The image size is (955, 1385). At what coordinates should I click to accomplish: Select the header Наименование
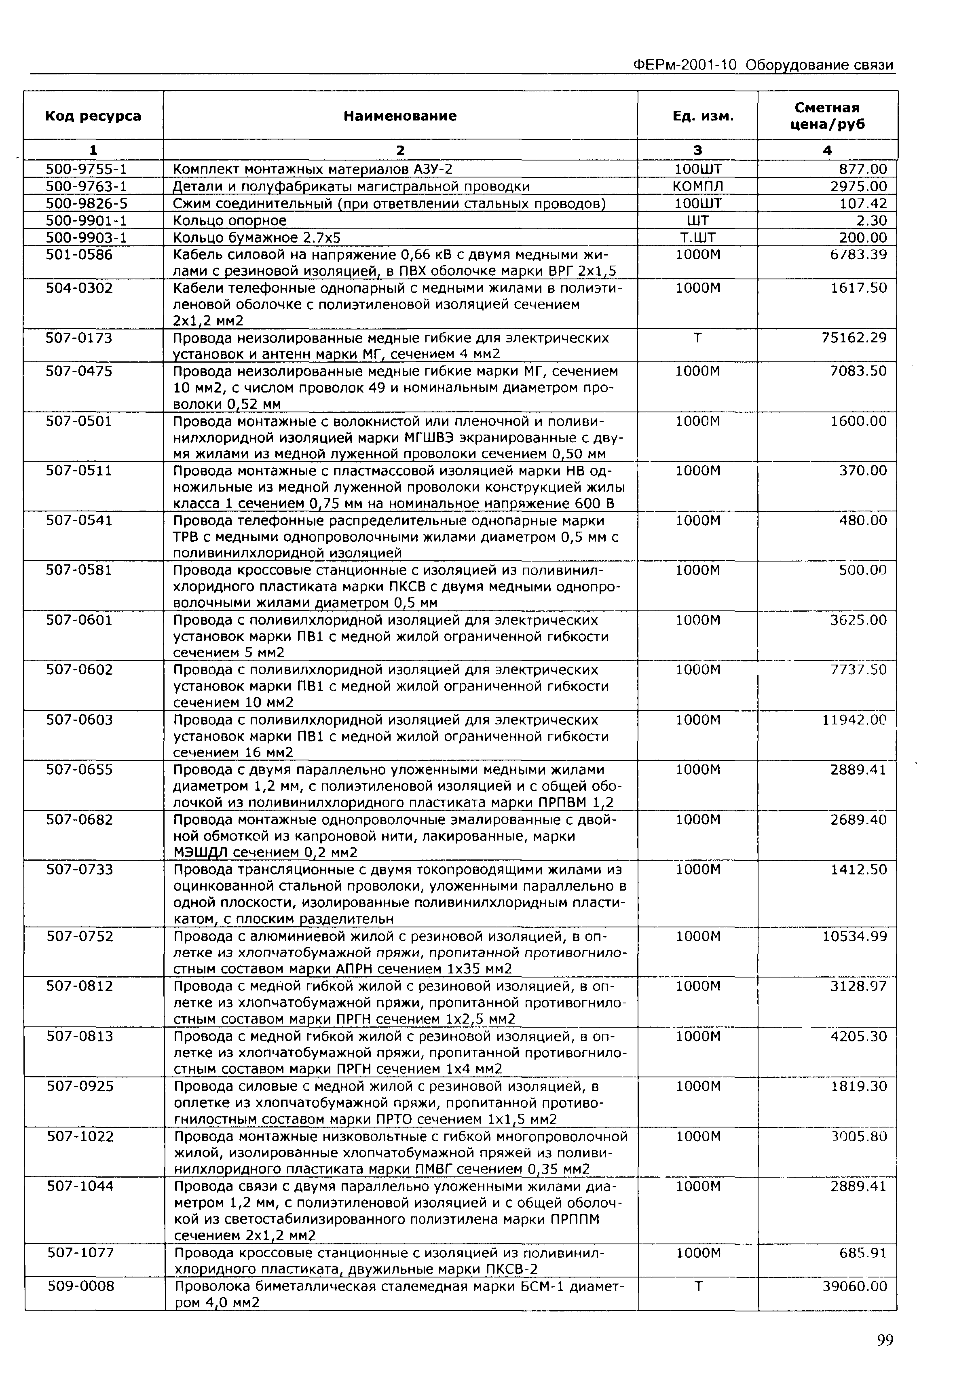coord(400,116)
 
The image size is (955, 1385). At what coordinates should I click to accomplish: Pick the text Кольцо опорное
coord(230,221)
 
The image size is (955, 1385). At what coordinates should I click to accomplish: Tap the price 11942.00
coord(855,720)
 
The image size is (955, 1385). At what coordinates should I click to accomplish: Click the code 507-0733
coord(80,870)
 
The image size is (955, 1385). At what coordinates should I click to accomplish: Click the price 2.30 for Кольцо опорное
coord(871,221)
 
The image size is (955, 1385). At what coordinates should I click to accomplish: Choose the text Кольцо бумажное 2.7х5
coord(257,238)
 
